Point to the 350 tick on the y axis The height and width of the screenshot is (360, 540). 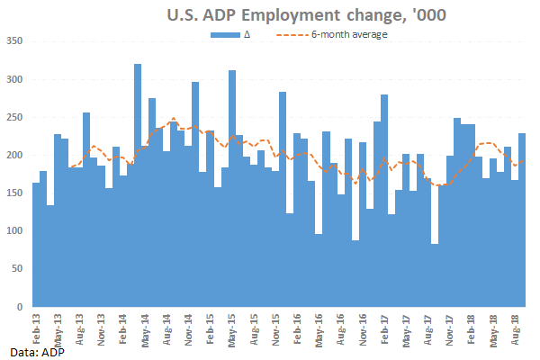(x=14, y=40)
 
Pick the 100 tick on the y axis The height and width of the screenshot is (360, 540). (x=14, y=231)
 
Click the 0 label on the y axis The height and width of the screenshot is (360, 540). (x=21, y=308)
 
